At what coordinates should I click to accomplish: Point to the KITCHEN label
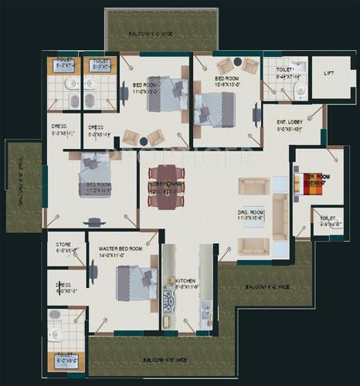click(185, 282)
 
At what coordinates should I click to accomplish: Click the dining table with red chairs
click(166, 186)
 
